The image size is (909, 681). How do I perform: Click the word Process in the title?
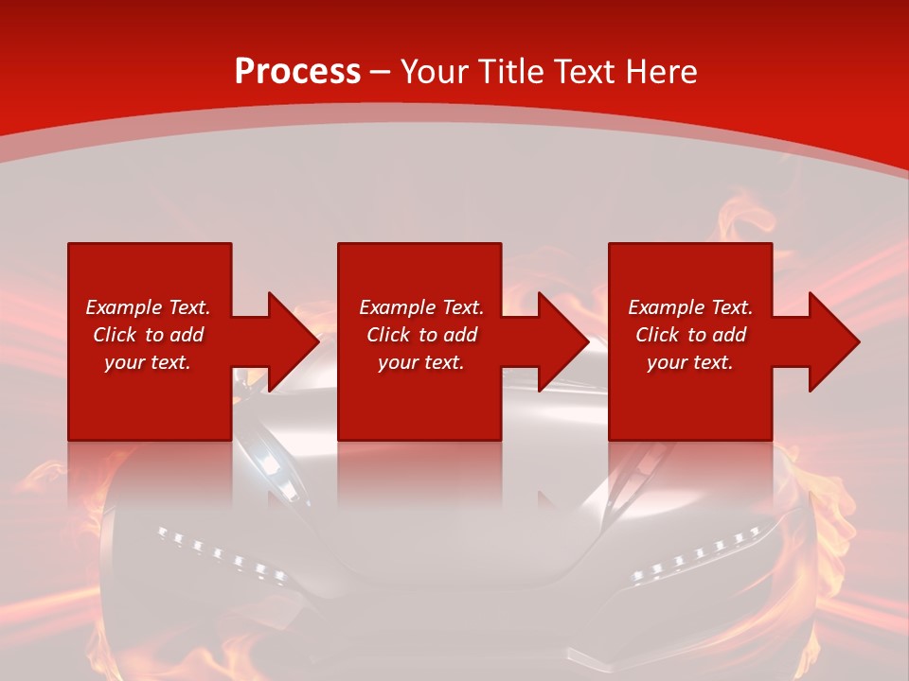click(297, 72)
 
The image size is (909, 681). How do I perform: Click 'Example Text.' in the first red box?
click(148, 307)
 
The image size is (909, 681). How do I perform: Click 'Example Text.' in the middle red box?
click(421, 307)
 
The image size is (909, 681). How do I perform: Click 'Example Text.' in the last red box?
click(690, 307)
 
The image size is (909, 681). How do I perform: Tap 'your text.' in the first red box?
click(148, 362)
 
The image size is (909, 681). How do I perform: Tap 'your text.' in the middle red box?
click(421, 362)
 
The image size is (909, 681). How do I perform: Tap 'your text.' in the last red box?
click(690, 362)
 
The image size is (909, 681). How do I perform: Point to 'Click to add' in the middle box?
click(421, 335)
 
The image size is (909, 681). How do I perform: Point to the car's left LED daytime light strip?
click(221, 554)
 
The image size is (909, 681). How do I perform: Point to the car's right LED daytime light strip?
click(696, 554)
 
